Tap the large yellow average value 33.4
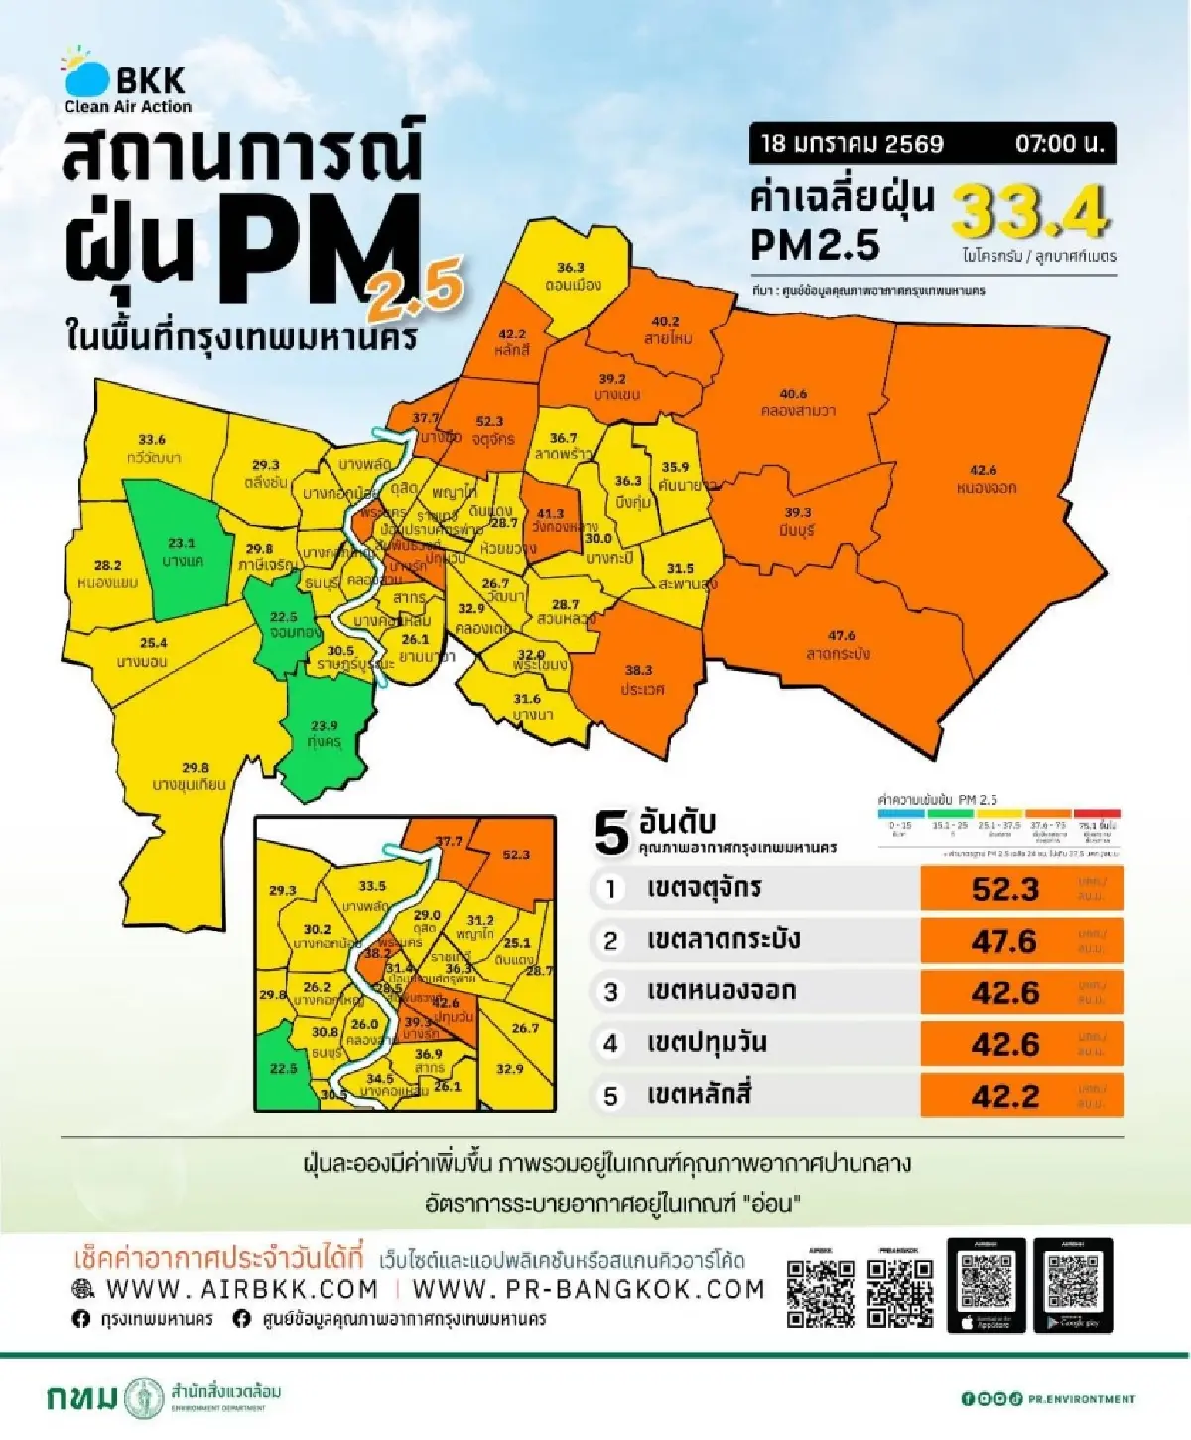click(1029, 210)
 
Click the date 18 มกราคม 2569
click(852, 144)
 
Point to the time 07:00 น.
click(1059, 144)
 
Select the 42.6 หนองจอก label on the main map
click(986, 479)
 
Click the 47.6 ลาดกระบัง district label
click(840, 644)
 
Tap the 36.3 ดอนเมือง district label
click(572, 277)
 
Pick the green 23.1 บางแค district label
click(182, 552)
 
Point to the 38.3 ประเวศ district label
click(640, 680)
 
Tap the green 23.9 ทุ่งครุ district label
click(325, 733)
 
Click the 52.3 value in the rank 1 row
click(1004, 889)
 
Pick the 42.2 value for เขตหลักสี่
click(1004, 1096)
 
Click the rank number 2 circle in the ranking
click(611, 941)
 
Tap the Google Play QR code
click(1072, 1284)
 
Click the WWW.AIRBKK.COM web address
click(242, 1289)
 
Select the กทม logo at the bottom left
click(81, 1398)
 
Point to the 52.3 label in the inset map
click(516, 854)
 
